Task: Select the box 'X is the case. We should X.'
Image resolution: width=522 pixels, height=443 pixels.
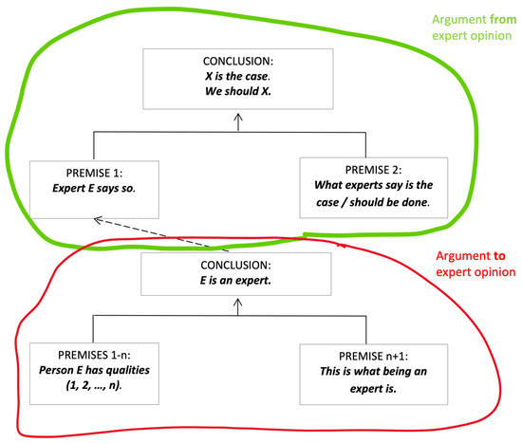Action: click(235, 78)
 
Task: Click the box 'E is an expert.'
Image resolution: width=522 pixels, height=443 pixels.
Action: click(235, 270)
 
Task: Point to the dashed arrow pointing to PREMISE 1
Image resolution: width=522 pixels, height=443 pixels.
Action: click(161, 232)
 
